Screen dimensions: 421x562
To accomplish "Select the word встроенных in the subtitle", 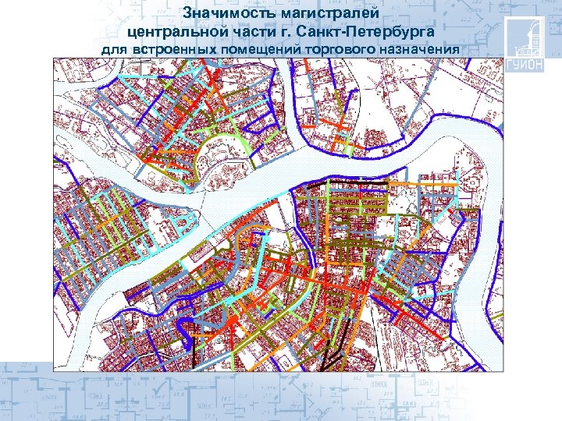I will point(170,50).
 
